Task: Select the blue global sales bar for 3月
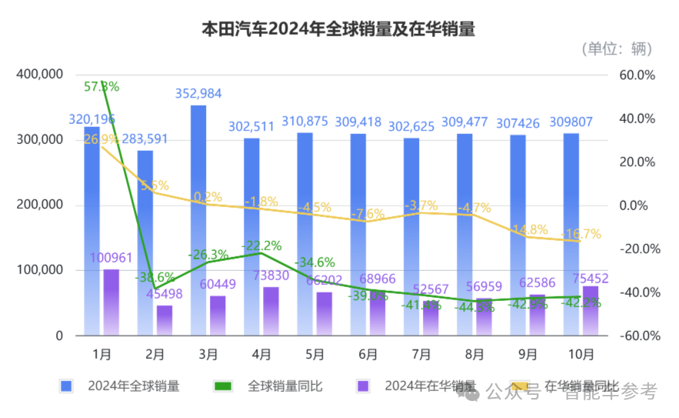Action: click(x=198, y=219)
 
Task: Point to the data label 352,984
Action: click(x=198, y=94)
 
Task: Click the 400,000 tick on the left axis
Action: click(x=38, y=75)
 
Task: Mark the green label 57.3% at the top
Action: click(x=102, y=85)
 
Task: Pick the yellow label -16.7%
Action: click(x=581, y=234)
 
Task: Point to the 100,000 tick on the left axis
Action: click(x=38, y=270)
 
